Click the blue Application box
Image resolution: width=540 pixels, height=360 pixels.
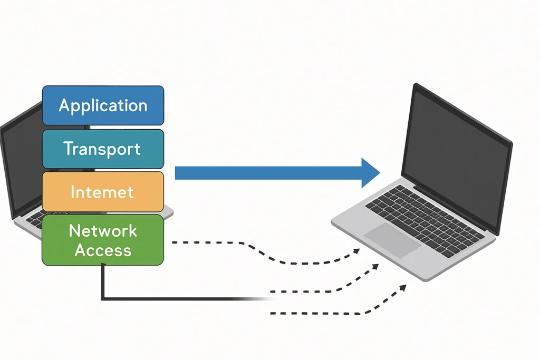103,105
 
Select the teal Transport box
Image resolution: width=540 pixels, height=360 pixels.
103,149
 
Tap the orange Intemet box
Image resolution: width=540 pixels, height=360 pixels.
103,191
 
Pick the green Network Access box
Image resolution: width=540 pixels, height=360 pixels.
103,240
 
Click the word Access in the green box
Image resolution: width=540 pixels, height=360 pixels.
103,250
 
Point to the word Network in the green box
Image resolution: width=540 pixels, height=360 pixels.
103,231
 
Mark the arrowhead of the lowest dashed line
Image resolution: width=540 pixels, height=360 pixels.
403,287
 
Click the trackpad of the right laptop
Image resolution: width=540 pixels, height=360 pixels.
392,239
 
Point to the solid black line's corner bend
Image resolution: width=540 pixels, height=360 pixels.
102,299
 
